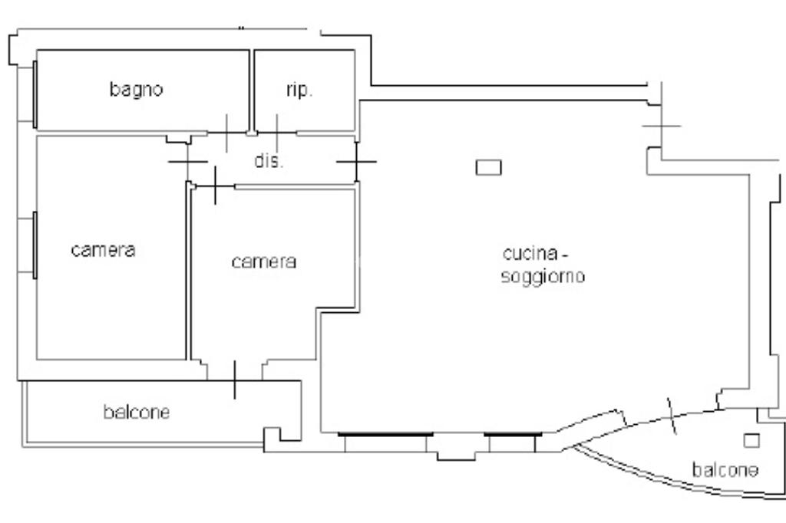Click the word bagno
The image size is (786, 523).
tap(137, 90)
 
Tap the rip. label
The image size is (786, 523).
tap(299, 90)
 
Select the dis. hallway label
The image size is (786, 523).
tap(269, 161)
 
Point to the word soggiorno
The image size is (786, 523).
tap(543, 277)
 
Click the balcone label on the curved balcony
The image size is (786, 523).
tap(725, 470)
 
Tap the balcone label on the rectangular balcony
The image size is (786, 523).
tap(137, 413)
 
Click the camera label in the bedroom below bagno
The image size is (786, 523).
tap(104, 250)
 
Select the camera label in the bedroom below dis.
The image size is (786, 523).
tap(264, 261)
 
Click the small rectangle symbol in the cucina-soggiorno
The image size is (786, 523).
tap(488, 167)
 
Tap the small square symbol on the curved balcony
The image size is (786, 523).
tap(751, 441)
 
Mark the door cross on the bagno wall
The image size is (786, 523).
tap(226, 133)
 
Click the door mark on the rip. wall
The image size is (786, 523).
tap(277, 133)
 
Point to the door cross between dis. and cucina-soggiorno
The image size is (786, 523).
tap(356, 162)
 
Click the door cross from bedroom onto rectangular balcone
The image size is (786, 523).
tap(235, 380)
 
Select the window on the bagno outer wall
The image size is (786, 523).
tap(35, 94)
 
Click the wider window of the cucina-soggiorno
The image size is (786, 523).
tap(385, 434)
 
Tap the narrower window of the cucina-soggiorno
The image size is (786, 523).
tap(513, 434)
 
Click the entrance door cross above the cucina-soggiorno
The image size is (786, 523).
tap(662, 126)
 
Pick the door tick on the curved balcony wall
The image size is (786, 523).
tap(672, 416)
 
